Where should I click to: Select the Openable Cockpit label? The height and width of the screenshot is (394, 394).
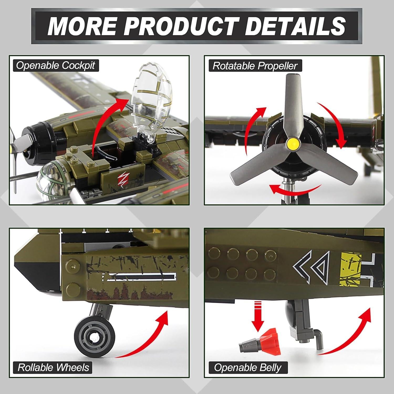[x=55, y=65]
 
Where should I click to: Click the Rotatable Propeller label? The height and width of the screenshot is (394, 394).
[x=255, y=66]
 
